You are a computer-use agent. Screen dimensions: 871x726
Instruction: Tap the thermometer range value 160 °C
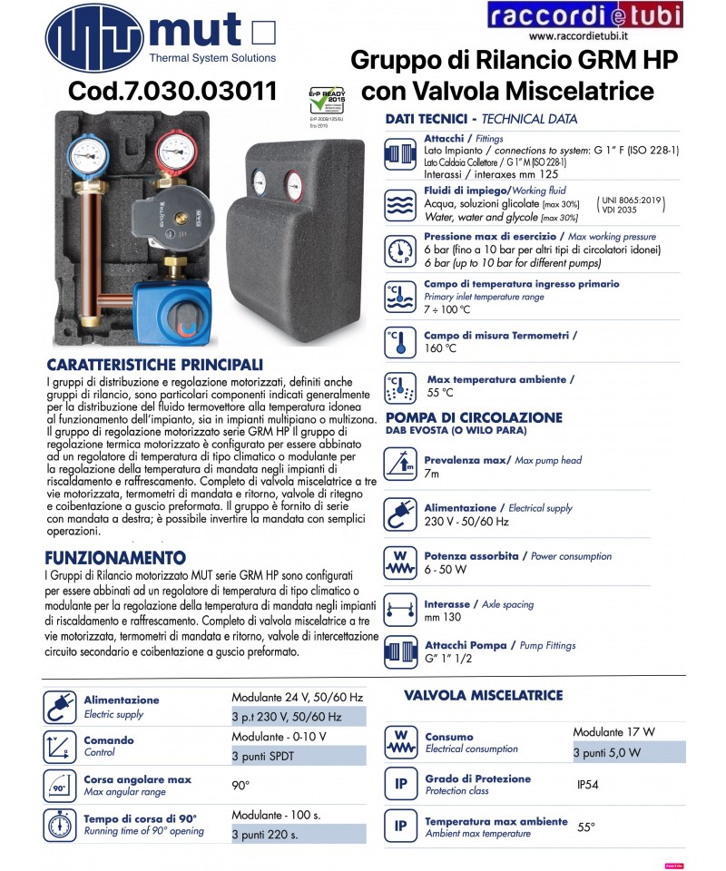tap(440, 347)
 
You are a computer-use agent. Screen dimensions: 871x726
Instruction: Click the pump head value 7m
tap(432, 474)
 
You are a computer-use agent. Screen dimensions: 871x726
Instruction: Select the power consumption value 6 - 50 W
tap(446, 570)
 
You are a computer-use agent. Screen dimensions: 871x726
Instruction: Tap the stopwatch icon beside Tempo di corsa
tap(59, 824)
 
